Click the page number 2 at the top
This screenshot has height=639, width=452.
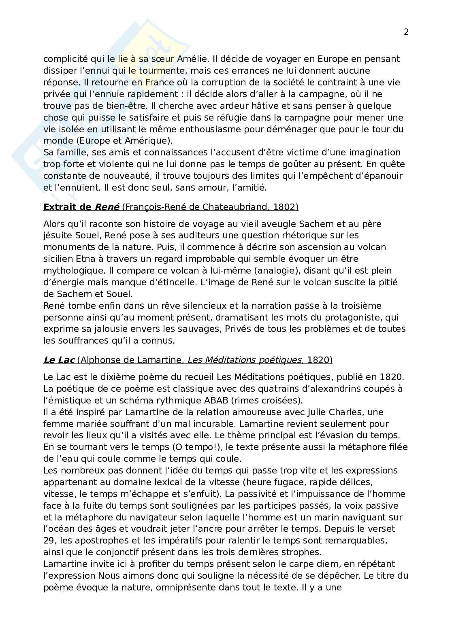coord(406,32)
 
